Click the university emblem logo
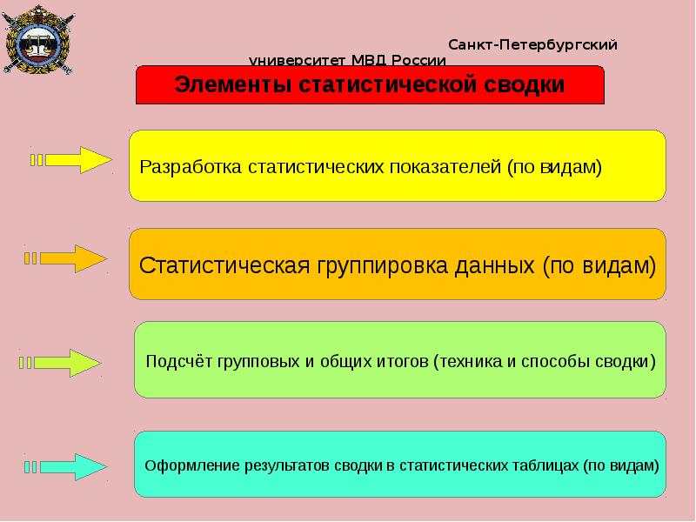click(x=38, y=39)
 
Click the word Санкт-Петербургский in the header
click(x=532, y=45)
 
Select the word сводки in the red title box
click(x=524, y=84)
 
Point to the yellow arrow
click(x=71, y=160)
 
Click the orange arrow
click(x=66, y=258)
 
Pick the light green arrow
click(x=60, y=363)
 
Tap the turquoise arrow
click(x=66, y=467)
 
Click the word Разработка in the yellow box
click(x=191, y=167)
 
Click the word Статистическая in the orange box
click(x=224, y=265)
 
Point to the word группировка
click(x=382, y=266)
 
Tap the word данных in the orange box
click(x=494, y=266)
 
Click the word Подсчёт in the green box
click(x=179, y=361)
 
